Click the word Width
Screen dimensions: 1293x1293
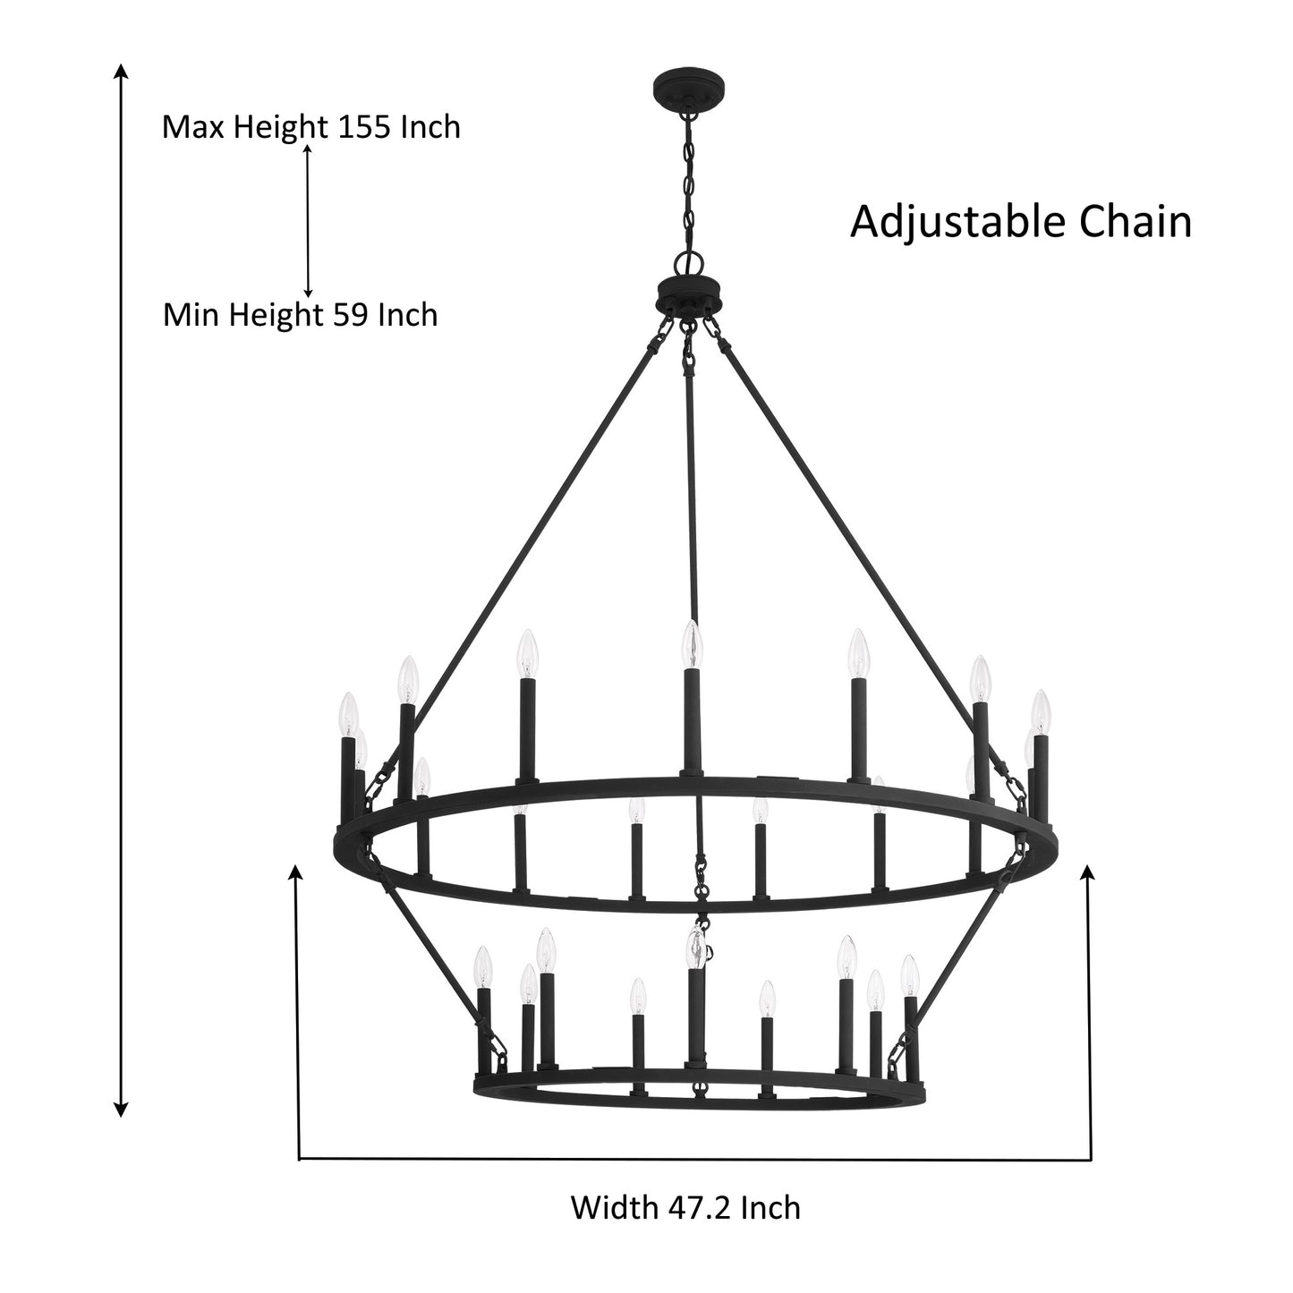tap(613, 1208)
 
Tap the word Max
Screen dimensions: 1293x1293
tap(195, 127)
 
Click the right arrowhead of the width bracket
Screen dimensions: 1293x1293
tap(1089, 872)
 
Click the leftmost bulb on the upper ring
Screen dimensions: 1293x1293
tap(347, 715)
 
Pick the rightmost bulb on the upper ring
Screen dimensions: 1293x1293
tap(1039, 711)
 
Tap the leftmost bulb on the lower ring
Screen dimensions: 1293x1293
tap(483, 967)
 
